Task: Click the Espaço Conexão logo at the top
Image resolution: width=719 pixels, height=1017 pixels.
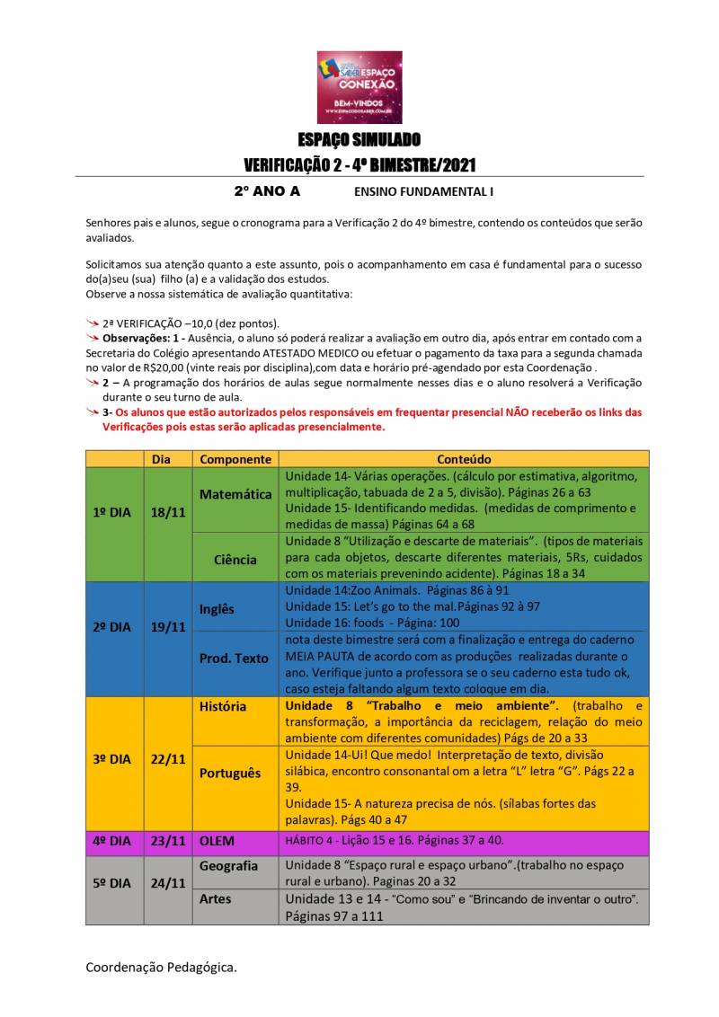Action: (359, 86)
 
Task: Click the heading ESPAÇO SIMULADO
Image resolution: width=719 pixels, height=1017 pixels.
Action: (359, 140)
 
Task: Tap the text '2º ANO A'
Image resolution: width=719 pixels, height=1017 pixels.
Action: (267, 191)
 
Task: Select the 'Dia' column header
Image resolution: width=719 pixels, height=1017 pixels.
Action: (161, 458)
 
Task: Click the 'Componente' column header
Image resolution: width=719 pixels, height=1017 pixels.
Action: (235, 458)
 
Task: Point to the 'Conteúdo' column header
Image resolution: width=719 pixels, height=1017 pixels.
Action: (464, 458)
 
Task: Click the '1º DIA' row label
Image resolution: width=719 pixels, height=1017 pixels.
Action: (112, 512)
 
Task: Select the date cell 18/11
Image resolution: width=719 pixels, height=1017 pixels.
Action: (168, 512)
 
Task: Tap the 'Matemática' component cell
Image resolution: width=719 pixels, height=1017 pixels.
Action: (235, 494)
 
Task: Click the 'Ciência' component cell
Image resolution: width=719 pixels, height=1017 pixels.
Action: (235, 560)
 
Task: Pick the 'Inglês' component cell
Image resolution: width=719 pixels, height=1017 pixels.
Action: (217, 609)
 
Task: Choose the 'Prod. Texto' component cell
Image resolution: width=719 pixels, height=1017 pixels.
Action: (234, 659)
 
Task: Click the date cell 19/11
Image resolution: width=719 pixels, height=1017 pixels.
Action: (168, 627)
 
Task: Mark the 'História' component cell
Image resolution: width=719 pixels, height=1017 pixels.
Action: (223, 706)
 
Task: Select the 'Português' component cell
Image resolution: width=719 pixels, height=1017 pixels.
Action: (230, 773)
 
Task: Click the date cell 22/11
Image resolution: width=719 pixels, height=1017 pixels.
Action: (168, 759)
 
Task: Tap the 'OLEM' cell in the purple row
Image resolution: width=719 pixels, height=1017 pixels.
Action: (217, 842)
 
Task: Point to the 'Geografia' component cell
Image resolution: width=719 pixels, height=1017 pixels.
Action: (228, 866)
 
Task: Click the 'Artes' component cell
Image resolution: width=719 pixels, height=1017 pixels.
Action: (215, 898)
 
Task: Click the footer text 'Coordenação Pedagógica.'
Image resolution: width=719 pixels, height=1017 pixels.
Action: (162, 968)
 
